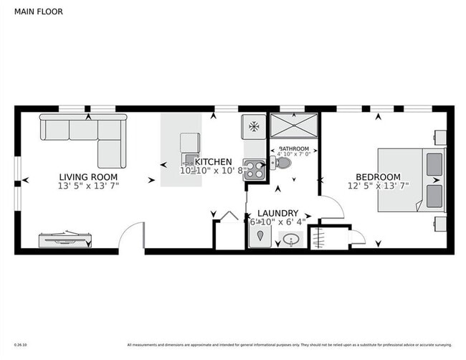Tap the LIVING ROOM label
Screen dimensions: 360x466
click(88, 177)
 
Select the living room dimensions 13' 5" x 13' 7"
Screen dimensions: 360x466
click(88, 186)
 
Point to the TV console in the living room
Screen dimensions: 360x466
click(65, 238)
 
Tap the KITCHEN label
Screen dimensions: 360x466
click(214, 162)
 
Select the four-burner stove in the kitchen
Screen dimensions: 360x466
click(254, 169)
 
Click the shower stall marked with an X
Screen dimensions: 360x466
click(293, 127)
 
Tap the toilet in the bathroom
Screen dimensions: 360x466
click(282, 163)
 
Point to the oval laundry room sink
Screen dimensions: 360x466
click(293, 240)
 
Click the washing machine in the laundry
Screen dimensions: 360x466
click(260, 237)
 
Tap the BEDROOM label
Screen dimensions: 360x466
click(378, 177)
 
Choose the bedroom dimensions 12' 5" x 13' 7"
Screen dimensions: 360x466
click(378, 186)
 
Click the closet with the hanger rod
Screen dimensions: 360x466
click(320, 237)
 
